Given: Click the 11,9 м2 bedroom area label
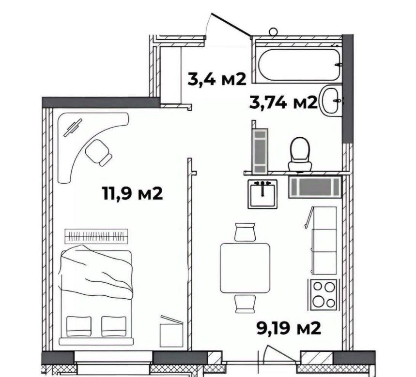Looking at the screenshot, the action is tap(132, 193).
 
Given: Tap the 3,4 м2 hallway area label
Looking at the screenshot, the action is tap(217, 79).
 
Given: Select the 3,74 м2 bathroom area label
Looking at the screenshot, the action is tap(283, 102).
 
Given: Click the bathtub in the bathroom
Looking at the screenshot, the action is tap(299, 64).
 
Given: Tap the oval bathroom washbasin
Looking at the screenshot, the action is tap(331, 100).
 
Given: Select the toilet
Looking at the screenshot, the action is tap(300, 154).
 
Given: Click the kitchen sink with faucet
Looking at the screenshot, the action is tap(262, 194).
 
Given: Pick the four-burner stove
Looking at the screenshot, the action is tap(323, 295).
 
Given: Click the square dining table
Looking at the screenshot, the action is tap(245, 268).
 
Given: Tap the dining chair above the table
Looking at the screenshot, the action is tap(245, 232).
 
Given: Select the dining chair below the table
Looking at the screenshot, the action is tap(245, 304).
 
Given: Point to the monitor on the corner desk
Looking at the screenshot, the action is tap(73, 128).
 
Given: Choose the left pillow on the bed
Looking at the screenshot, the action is tap(79, 327).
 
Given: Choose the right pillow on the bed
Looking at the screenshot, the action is tap(114, 327).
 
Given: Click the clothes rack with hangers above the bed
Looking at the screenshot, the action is tap(96, 236).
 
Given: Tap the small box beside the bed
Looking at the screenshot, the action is tap(171, 332).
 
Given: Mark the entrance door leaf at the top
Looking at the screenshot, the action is tap(231, 24).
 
